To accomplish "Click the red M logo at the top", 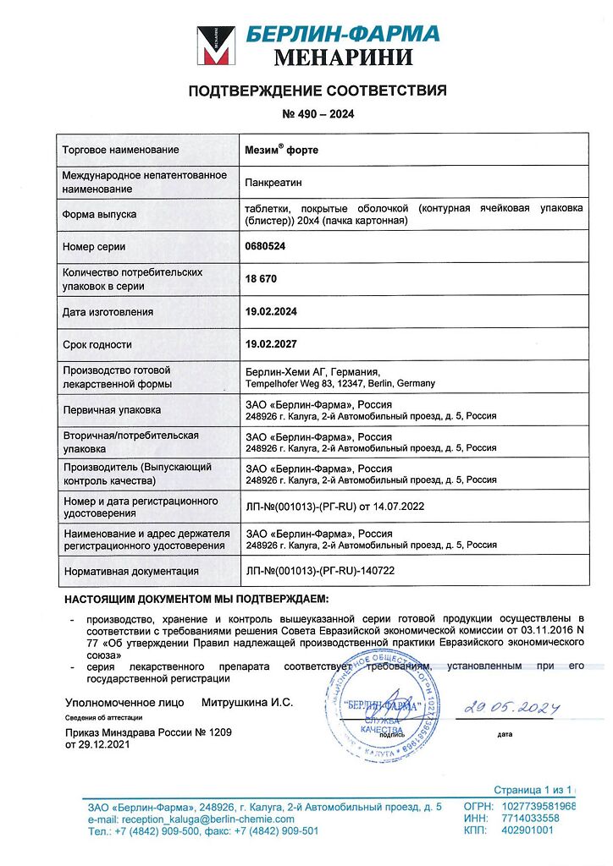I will pyautogui.click(x=216, y=46).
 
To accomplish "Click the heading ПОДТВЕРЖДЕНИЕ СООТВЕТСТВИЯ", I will pyautogui.click(x=317, y=91).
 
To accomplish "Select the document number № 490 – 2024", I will pyautogui.click(x=317, y=114).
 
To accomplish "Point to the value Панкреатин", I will pyautogui.click(x=273, y=182).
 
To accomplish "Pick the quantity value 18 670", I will pyautogui.click(x=261, y=278).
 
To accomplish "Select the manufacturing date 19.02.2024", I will pyautogui.click(x=271, y=312).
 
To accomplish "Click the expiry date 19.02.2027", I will pyautogui.click(x=271, y=344).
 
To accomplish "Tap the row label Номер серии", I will pyautogui.click(x=94, y=247).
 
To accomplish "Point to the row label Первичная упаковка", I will pyautogui.click(x=111, y=410).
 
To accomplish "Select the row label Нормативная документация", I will pyautogui.click(x=130, y=571).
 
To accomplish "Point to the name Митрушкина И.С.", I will pyautogui.click(x=246, y=703).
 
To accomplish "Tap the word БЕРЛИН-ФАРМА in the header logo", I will pyautogui.click(x=343, y=34).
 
